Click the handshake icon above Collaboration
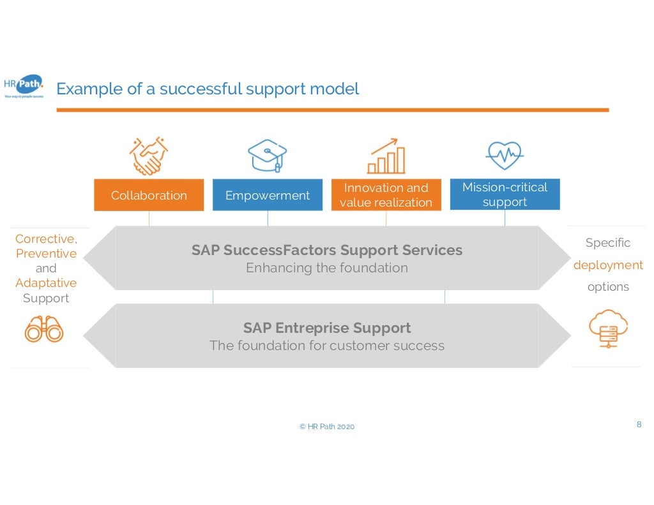[x=148, y=156]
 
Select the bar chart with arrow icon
[x=386, y=156]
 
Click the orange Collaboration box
[x=149, y=195]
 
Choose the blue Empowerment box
[x=268, y=195]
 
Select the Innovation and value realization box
[x=386, y=195]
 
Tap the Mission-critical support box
[x=505, y=194]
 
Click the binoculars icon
[x=44, y=330]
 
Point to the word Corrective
[x=45, y=239]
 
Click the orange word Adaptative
[x=46, y=283]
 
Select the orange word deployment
[x=608, y=265]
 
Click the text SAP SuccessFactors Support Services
[x=327, y=250]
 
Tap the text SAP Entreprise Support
[x=327, y=328]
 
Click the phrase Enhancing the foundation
[x=327, y=268]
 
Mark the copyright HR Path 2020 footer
[x=327, y=427]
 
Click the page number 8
[x=639, y=424]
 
